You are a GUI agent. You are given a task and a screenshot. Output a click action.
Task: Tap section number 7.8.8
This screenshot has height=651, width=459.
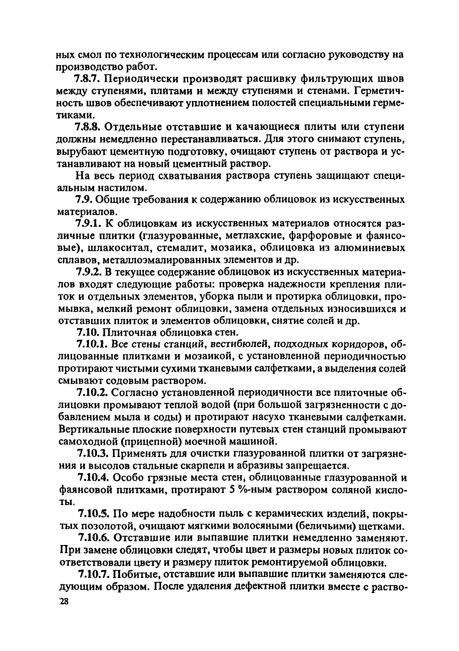87,127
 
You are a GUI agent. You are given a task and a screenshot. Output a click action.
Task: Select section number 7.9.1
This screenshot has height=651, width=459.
87,224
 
